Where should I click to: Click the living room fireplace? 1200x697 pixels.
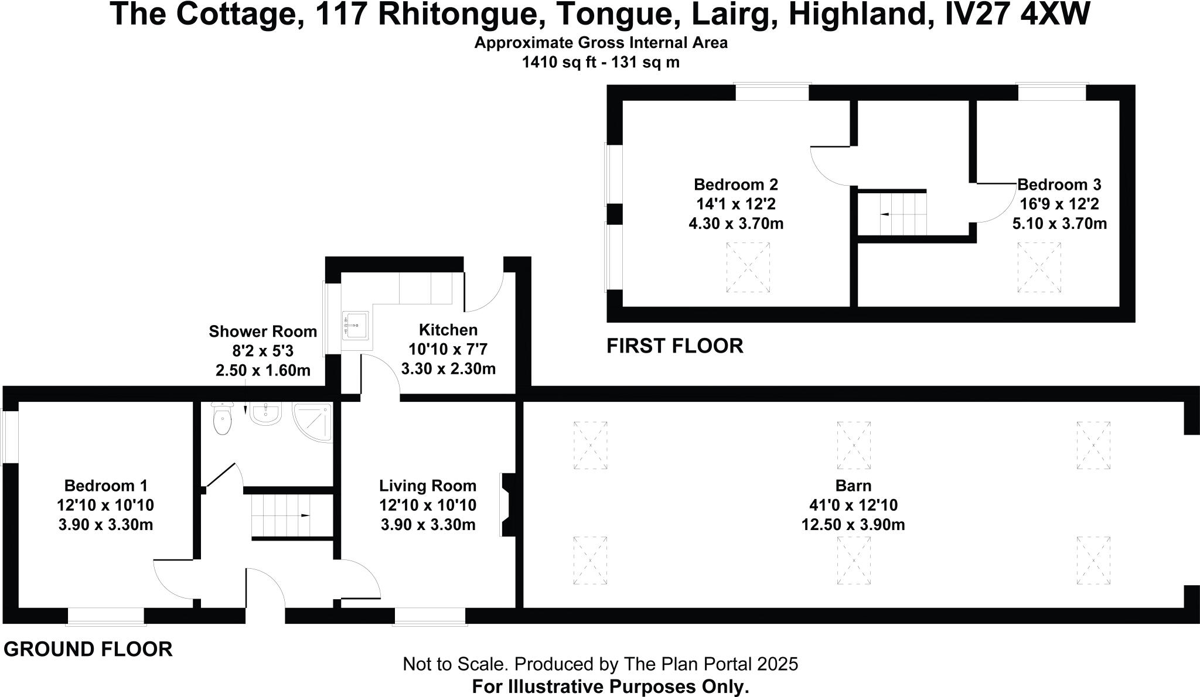click(x=507, y=505)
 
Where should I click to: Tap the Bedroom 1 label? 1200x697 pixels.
click(x=105, y=486)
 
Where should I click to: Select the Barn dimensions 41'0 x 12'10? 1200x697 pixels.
click(x=853, y=505)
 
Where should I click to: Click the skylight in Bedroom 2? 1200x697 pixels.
click(x=748, y=268)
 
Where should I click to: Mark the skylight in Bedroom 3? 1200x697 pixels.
click(x=1039, y=268)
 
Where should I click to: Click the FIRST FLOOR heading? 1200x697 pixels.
click(x=674, y=346)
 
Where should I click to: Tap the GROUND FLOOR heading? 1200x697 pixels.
click(x=88, y=650)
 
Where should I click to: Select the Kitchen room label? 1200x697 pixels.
click(x=448, y=330)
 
